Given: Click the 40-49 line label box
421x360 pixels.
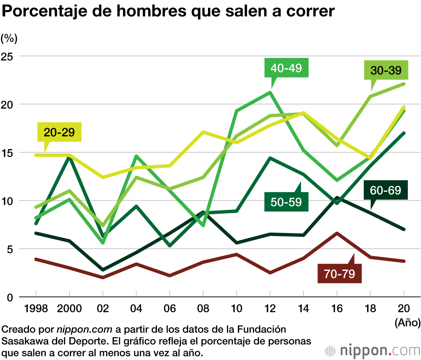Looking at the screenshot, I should click(286, 68).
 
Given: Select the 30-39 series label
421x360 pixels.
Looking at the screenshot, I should click(386, 70).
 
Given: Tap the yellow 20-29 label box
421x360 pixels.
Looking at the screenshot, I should click(59, 132).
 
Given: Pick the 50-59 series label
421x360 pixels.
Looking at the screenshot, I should click(286, 201).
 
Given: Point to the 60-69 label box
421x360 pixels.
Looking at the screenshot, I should click(386, 190).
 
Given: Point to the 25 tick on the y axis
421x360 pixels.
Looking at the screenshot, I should click(8, 56).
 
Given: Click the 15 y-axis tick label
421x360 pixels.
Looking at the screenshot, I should click(8, 152).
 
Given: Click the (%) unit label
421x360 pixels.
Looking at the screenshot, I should click(9, 39).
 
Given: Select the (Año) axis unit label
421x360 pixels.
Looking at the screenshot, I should click(407, 323).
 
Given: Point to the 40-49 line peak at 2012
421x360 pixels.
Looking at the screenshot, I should click(269, 92).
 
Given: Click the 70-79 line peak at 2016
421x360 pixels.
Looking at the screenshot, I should click(336, 233).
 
